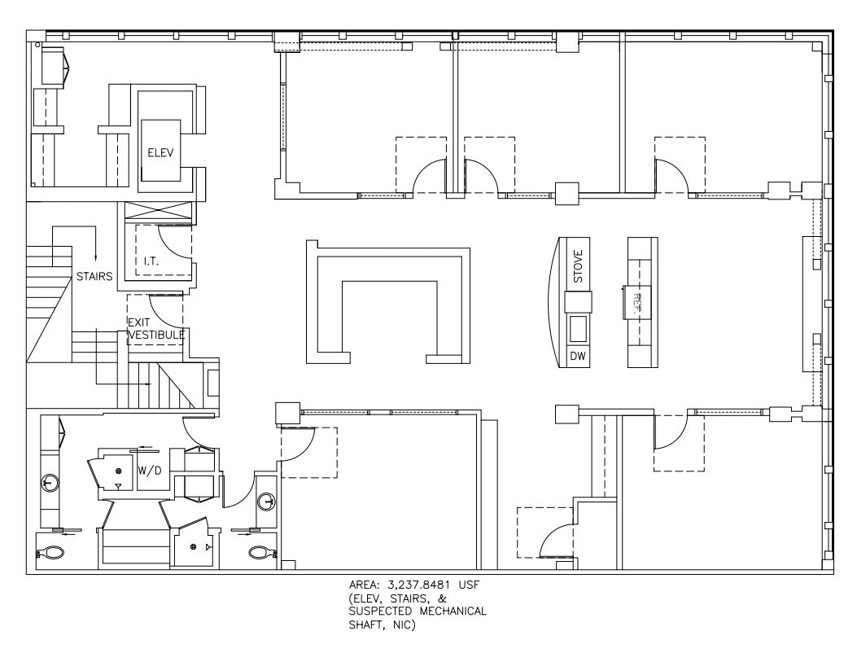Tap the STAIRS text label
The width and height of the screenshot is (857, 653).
point(94,276)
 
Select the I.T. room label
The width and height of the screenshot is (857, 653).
point(151,261)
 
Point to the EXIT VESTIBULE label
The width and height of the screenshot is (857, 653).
point(155,328)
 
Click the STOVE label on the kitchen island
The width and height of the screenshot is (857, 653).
point(578,267)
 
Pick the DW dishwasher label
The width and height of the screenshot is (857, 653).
point(578,357)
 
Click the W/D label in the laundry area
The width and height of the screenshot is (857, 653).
point(149,470)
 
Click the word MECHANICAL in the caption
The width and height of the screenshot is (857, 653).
point(452,611)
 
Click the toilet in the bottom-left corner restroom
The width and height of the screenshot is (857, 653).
point(52,553)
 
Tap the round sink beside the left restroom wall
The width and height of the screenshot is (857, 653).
point(50,483)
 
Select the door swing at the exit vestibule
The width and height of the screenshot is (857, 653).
point(164,308)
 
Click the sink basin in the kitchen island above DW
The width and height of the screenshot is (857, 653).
point(578,329)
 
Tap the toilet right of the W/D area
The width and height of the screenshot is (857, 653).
point(260,552)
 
